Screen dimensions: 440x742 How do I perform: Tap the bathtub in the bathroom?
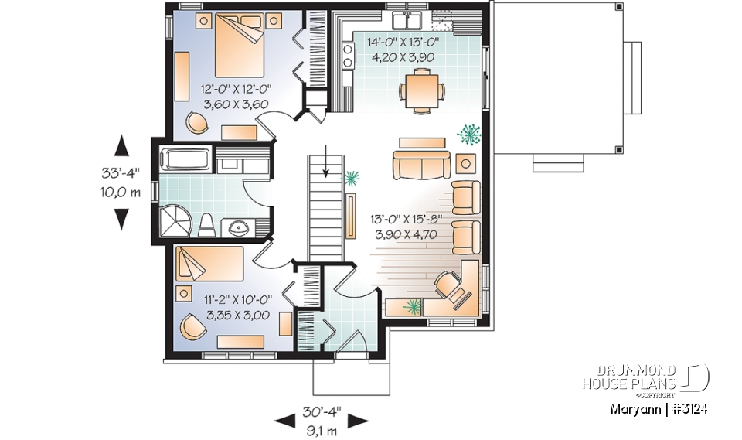[184, 160]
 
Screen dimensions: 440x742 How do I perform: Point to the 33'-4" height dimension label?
[121, 176]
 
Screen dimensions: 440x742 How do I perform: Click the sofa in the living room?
[421, 165]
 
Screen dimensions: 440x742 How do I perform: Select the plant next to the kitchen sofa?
[468, 135]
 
